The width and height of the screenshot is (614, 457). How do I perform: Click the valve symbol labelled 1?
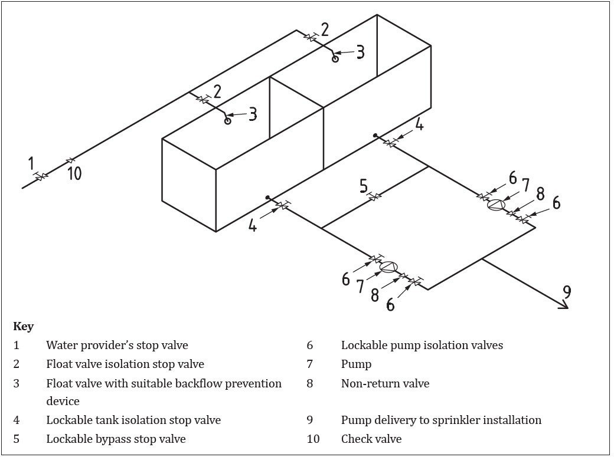click(41, 176)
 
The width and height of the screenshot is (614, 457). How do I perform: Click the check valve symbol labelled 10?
click(71, 160)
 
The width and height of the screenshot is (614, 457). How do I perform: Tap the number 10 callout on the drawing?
click(74, 173)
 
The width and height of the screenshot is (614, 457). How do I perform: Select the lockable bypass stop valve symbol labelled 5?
click(374, 197)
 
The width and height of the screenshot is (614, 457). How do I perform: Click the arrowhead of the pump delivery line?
click(566, 306)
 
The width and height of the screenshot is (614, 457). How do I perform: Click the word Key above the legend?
click(23, 327)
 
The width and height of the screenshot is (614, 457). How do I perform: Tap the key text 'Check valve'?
click(371, 439)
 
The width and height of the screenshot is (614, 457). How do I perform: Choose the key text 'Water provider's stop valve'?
click(117, 345)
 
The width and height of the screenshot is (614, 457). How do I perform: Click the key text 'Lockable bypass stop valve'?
click(116, 439)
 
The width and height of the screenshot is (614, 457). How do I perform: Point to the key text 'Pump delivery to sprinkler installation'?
click(441, 420)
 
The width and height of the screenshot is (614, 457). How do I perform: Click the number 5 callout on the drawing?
click(364, 186)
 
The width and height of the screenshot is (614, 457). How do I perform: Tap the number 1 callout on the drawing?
click(32, 163)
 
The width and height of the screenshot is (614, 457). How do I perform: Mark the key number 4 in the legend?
click(17, 420)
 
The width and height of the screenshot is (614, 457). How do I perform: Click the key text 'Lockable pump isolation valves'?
click(422, 345)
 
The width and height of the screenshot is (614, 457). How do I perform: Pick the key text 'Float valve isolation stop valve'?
click(125, 364)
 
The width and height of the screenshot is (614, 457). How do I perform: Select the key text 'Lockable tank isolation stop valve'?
click(133, 420)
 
